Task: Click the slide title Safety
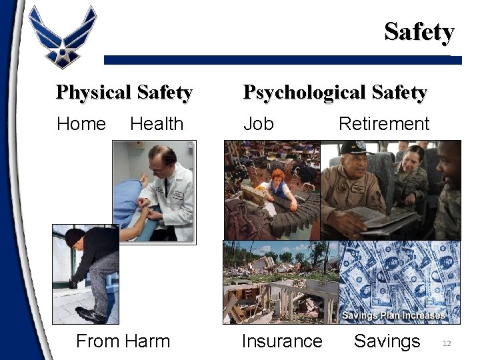click(419, 31)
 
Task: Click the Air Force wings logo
click(63, 37)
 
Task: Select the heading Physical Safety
click(124, 93)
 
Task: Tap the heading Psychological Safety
click(335, 93)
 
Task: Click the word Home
click(81, 124)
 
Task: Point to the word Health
click(157, 124)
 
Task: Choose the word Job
click(258, 124)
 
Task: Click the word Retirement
click(384, 124)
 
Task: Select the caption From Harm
click(123, 341)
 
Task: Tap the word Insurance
click(282, 341)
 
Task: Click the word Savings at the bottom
click(387, 341)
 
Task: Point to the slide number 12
click(447, 343)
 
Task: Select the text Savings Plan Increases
click(393, 315)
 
